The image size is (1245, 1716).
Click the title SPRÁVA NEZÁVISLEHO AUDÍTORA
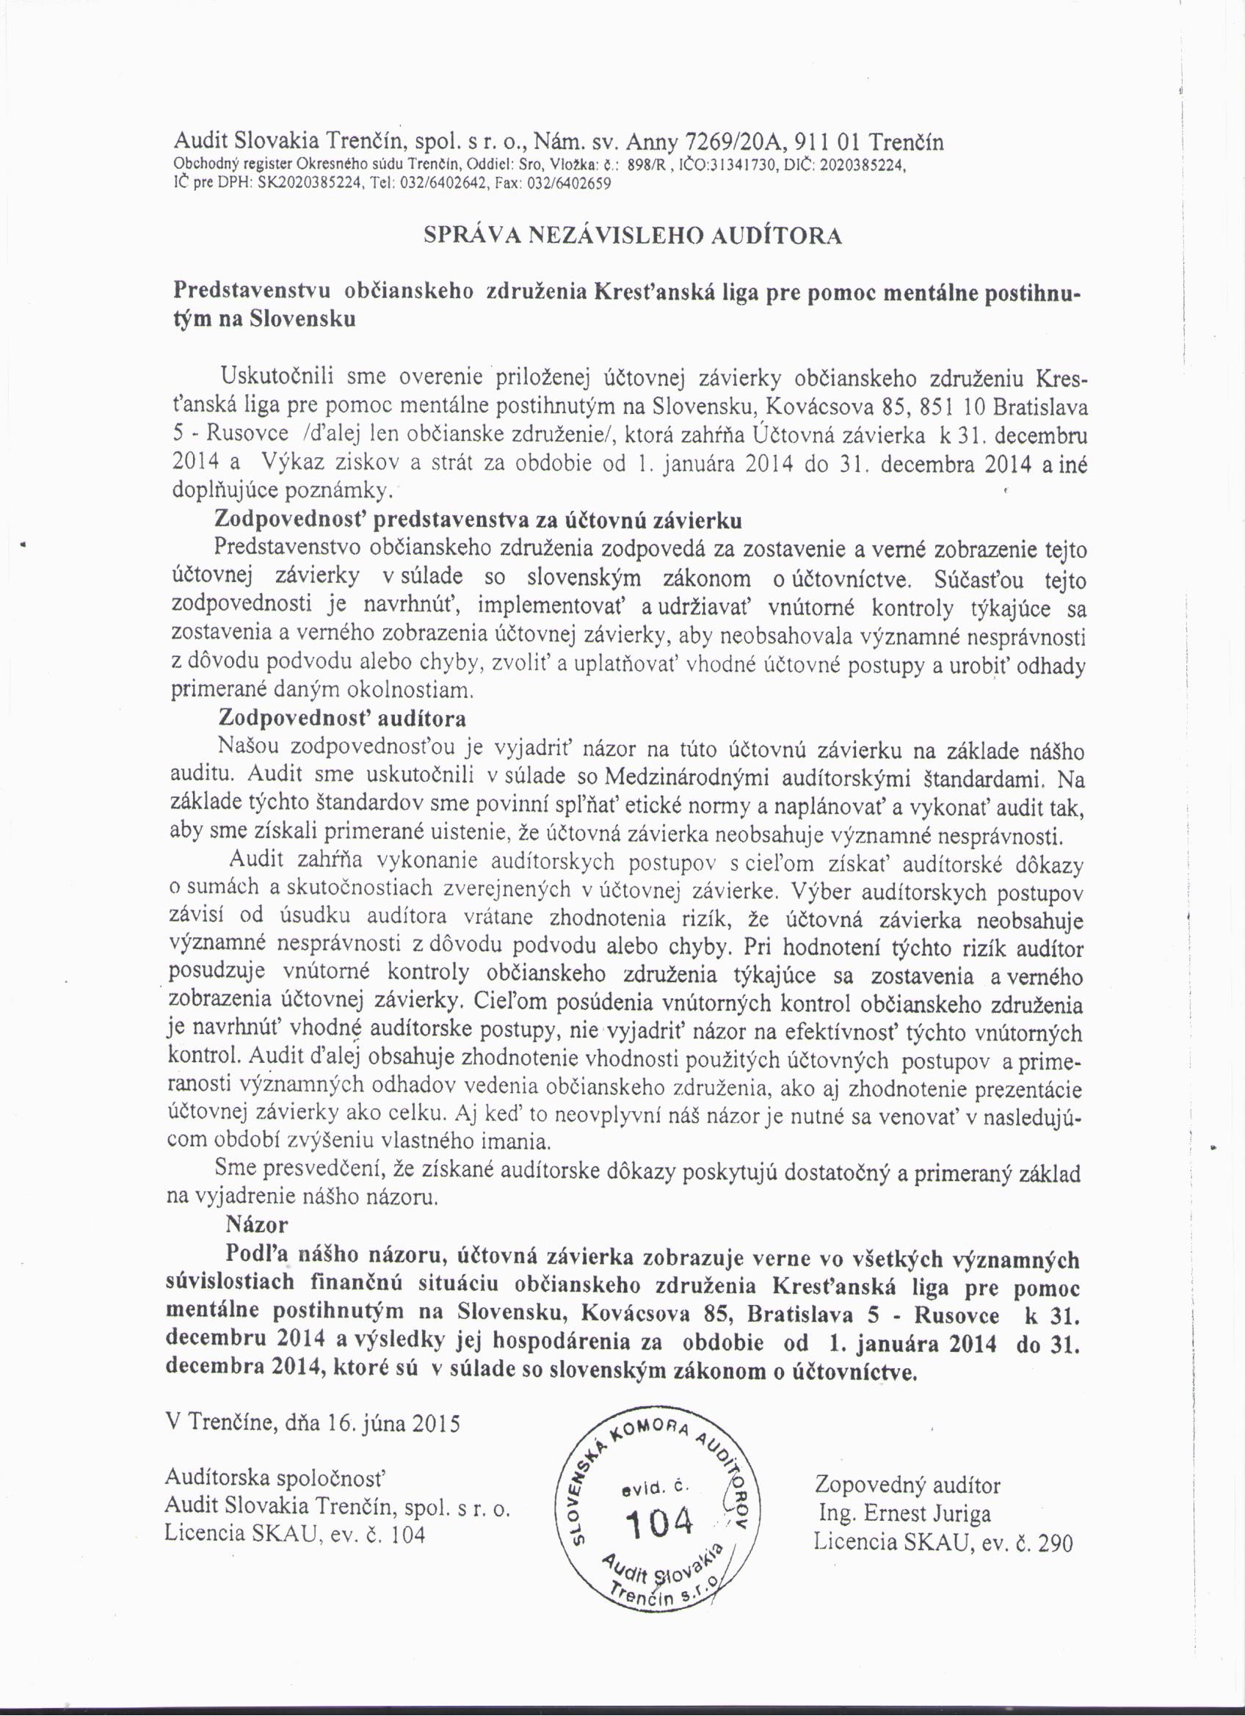tap(632, 236)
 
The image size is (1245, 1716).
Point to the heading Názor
tap(258, 1224)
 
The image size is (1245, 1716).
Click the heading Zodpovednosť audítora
tap(341, 717)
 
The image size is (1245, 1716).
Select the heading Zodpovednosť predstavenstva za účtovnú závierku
tap(479, 520)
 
